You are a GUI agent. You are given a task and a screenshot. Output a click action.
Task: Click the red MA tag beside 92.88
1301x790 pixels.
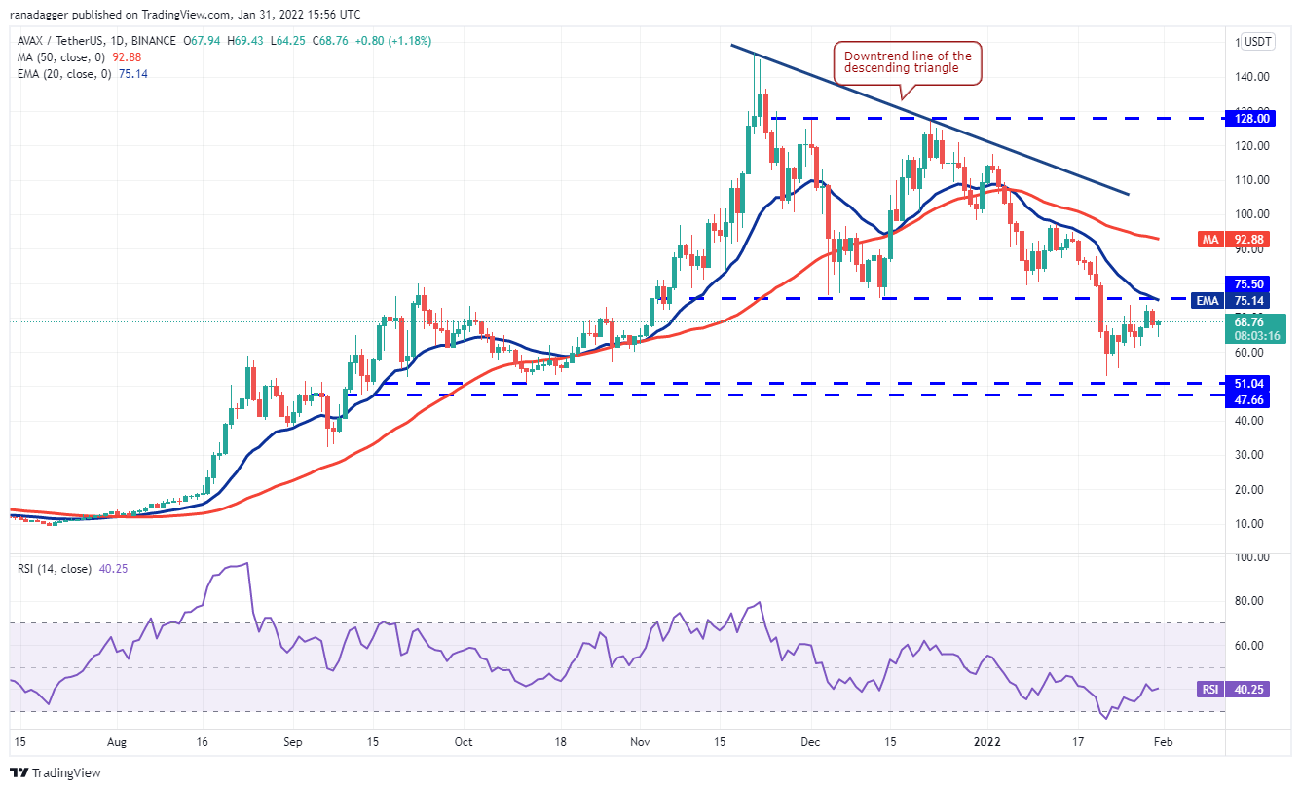coord(1208,239)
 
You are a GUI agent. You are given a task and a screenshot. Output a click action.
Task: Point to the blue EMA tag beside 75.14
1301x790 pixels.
coord(1208,301)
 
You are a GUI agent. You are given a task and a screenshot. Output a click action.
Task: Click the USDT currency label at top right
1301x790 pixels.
coord(1258,42)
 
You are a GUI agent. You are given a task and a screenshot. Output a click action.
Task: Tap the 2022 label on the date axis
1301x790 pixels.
coord(987,741)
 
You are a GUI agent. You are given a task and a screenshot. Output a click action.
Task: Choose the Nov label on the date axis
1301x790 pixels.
coord(639,741)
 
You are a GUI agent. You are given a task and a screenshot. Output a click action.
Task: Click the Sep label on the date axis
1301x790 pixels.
coord(293,741)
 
